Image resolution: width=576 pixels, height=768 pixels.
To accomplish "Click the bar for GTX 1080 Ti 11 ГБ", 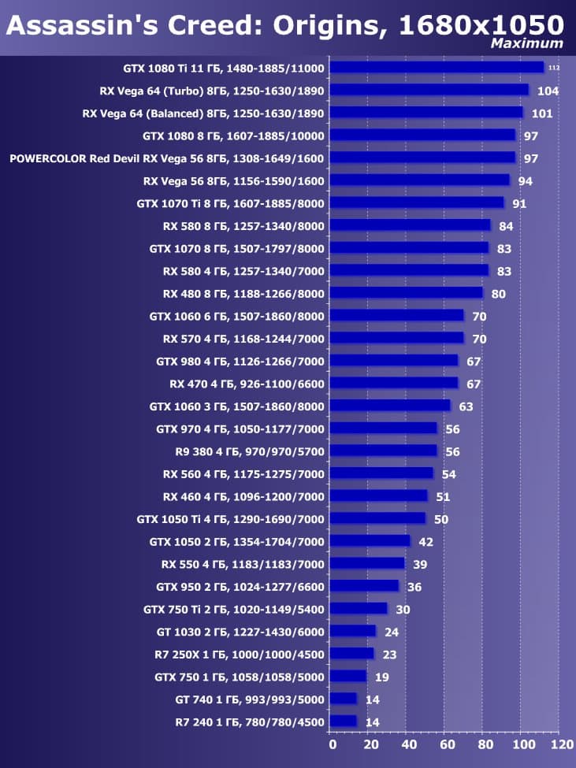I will [x=437, y=68].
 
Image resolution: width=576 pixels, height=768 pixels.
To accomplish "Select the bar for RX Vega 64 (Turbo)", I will [x=429, y=91].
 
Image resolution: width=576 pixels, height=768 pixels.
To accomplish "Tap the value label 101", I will [x=542, y=113].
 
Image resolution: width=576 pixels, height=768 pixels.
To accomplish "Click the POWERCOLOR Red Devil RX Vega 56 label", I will [x=167, y=158].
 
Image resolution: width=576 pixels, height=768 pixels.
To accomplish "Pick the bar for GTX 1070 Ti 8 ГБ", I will [x=417, y=203].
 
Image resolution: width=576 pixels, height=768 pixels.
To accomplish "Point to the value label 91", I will [x=519, y=203].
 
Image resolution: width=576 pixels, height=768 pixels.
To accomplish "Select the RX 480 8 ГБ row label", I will [x=243, y=293].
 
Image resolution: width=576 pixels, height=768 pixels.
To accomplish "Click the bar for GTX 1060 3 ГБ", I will [x=390, y=406].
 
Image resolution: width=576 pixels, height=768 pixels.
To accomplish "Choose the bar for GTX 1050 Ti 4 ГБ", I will [x=377, y=519].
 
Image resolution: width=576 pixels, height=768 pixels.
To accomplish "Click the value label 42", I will [x=425, y=542].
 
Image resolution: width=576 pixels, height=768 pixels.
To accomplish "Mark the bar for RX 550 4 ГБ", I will [x=367, y=564].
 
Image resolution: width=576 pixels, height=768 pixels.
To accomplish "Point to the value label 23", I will [x=389, y=655].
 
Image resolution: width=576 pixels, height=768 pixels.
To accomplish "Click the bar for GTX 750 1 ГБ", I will [x=348, y=677].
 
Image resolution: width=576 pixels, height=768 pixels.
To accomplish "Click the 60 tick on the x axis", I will [x=446, y=744].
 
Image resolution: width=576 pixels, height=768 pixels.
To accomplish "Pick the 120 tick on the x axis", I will [x=561, y=744].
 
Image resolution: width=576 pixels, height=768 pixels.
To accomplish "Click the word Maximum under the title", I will [x=527, y=44].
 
